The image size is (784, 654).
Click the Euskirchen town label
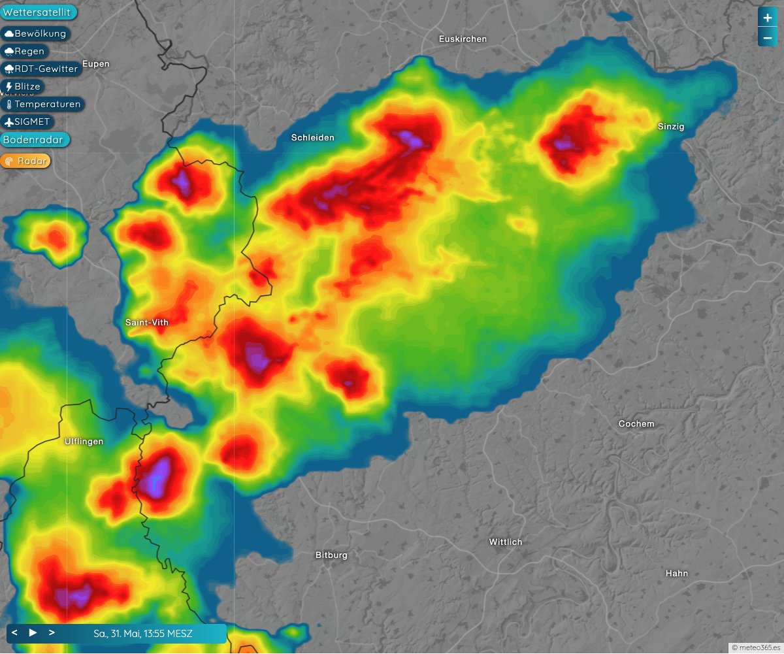click(463, 39)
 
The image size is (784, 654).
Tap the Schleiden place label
click(312, 137)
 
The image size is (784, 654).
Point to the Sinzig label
click(671, 127)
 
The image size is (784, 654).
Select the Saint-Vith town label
click(146, 322)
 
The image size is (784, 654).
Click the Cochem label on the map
click(636, 424)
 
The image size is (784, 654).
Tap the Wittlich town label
click(506, 542)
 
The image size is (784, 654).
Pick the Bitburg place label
click(331, 555)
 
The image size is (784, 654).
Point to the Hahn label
click(676, 574)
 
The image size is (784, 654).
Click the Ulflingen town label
click(84, 442)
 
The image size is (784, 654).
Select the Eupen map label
click(97, 64)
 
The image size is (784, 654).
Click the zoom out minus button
click(767, 38)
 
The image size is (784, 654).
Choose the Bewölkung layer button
click(35, 33)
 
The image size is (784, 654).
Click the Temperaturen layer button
click(43, 104)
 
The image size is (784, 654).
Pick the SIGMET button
click(27, 122)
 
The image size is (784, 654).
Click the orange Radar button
click(26, 161)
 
